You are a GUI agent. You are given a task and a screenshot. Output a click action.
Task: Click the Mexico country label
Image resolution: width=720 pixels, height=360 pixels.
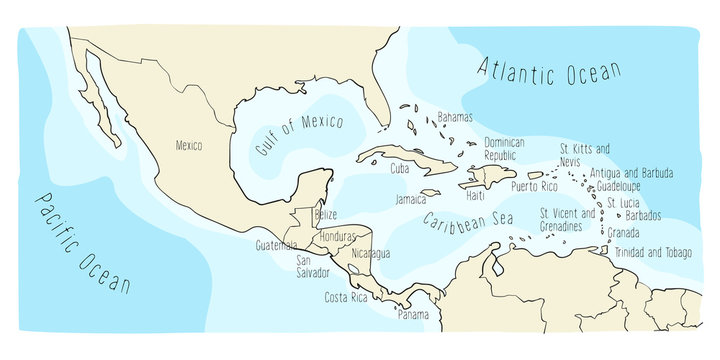click(189, 146)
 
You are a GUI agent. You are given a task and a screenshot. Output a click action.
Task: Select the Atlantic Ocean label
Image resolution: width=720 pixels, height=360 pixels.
click(549, 71)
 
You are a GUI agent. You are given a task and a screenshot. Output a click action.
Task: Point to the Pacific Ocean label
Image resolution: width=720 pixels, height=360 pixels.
click(80, 241)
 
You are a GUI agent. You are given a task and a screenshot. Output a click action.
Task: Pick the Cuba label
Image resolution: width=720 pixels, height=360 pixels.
click(400, 168)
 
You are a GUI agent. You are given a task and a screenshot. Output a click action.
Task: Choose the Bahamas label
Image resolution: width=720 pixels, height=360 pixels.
click(455, 117)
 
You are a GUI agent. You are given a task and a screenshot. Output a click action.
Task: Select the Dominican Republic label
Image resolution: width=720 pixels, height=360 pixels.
click(505, 149)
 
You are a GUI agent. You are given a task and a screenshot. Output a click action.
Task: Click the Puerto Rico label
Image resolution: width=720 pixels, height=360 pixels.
click(533, 186)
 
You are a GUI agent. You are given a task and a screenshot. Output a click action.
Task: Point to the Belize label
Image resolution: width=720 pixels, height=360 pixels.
click(325, 215)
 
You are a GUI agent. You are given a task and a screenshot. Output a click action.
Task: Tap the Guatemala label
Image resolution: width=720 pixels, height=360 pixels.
click(277, 245)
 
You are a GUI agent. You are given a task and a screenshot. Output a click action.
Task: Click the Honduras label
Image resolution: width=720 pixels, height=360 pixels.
click(339, 238)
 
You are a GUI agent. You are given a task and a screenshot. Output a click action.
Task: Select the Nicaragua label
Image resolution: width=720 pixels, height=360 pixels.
click(370, 254)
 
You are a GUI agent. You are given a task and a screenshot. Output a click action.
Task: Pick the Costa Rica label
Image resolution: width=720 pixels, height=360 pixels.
click(347, 298)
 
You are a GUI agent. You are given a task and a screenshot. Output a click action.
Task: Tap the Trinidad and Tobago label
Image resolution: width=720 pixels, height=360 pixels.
click(653, 252)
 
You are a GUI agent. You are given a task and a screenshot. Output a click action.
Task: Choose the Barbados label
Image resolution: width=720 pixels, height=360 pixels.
click(644, 215)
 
